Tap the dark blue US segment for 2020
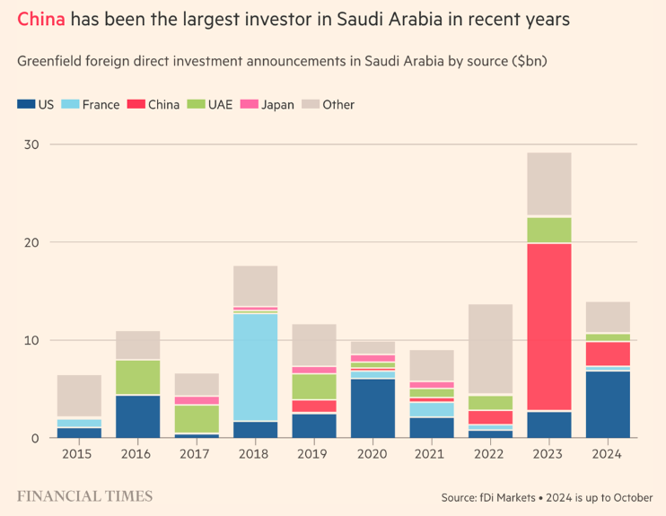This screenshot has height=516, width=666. [x=372, y=407]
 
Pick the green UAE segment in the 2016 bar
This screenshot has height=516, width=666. [x=138, y=377]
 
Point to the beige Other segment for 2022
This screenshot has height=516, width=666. [x=490, y=349]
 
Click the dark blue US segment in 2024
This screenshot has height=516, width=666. [x=608, y=404]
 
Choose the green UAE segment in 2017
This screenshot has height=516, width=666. [x=197, y=419]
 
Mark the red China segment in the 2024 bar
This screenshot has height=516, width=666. [x=608, y=354]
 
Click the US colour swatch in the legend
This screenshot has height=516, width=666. [x=25, y=104]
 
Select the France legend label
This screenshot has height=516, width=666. [x=101, y=104]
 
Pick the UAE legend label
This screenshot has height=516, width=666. [x=220, y=104]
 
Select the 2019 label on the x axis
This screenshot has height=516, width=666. [x=314, y=453]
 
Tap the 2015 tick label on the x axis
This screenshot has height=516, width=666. [x=79, y=453]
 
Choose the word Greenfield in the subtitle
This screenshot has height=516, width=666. [x=51, y=62]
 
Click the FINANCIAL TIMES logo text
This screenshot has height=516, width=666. [x=85, y=495]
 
